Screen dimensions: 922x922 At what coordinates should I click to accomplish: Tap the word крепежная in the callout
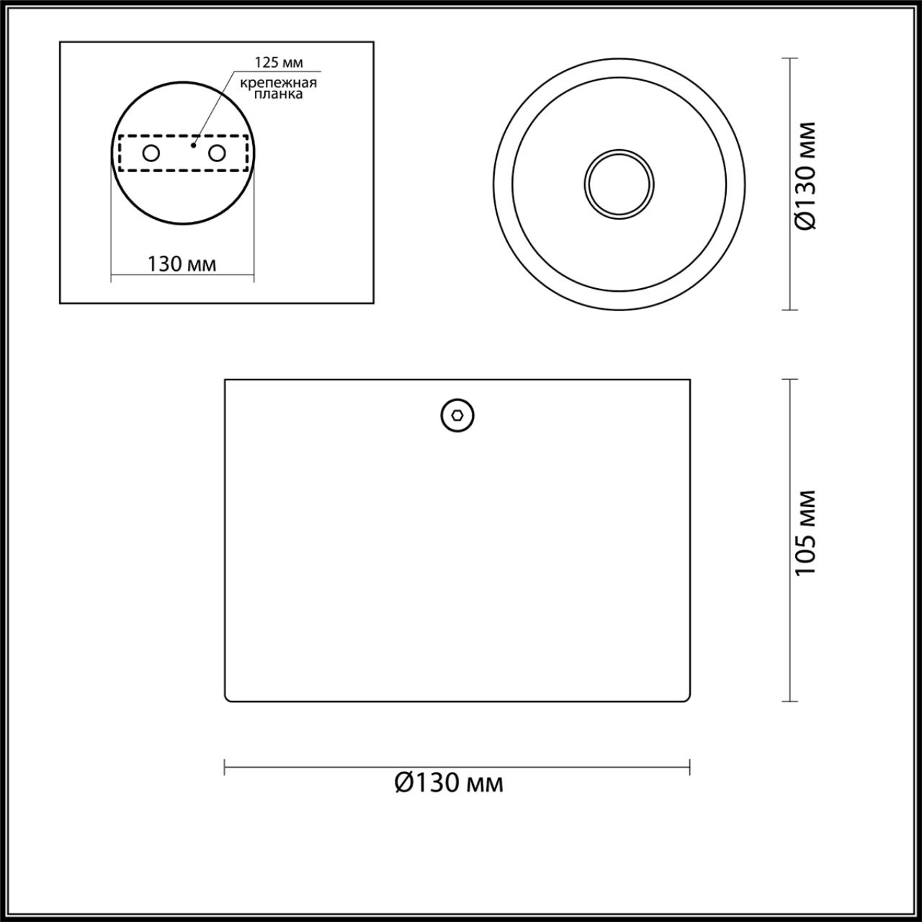tap(278, 82)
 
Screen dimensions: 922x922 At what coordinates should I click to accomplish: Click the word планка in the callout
tap(278, 94)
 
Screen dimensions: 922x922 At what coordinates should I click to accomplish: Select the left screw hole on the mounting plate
tap(151, 153)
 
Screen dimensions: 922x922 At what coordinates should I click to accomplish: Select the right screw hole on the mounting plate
tap(216, 153)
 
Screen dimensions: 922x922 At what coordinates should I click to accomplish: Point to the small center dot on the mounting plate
tap(192, 145)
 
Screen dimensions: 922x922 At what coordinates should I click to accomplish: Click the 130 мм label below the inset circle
tap(182, 264)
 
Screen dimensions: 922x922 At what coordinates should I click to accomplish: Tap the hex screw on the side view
tap(457, 416)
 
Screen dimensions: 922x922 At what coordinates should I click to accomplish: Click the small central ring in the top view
tap(619, 184)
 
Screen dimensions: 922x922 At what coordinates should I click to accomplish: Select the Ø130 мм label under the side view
tap(449, 783)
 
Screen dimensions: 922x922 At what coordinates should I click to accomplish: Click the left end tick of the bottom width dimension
tap(225, 766)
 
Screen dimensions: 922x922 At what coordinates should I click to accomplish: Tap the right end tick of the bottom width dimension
tap(689, 766)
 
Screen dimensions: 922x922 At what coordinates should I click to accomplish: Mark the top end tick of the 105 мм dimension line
tap(789, 380)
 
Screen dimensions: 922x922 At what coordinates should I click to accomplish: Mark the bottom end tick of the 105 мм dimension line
tap(789, 701)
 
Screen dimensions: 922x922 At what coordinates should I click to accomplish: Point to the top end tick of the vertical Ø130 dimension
tap(789, 58)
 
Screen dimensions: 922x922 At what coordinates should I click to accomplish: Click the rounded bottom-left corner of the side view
tap(228, 699)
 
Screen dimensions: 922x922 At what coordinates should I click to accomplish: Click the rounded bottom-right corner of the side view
tap(688, 699)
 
